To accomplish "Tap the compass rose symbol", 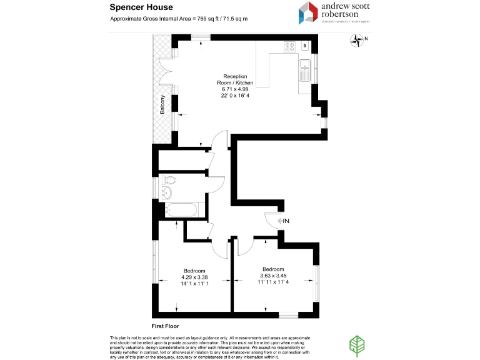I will pyautogui.click(x=357, y=41).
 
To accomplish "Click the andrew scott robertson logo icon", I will pyautogui.click(x=309, y=13).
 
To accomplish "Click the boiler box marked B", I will pyautogui.click(x=305, y=46).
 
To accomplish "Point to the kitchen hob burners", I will pyautogui.click(x=291, y=46).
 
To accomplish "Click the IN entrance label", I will pyautogui.click(x=286, y=221).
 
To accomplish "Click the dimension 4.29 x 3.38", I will pyautogui.click(x=194, y=277).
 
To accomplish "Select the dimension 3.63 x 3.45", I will pyautogui.click(x=274, y=275).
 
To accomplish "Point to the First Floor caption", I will pyautogui.click(x=166, y=326).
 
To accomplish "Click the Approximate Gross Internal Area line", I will pyautogui.click(x=179, y=19).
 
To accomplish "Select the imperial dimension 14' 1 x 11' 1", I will pyautogui.click(x=194, y=284).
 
